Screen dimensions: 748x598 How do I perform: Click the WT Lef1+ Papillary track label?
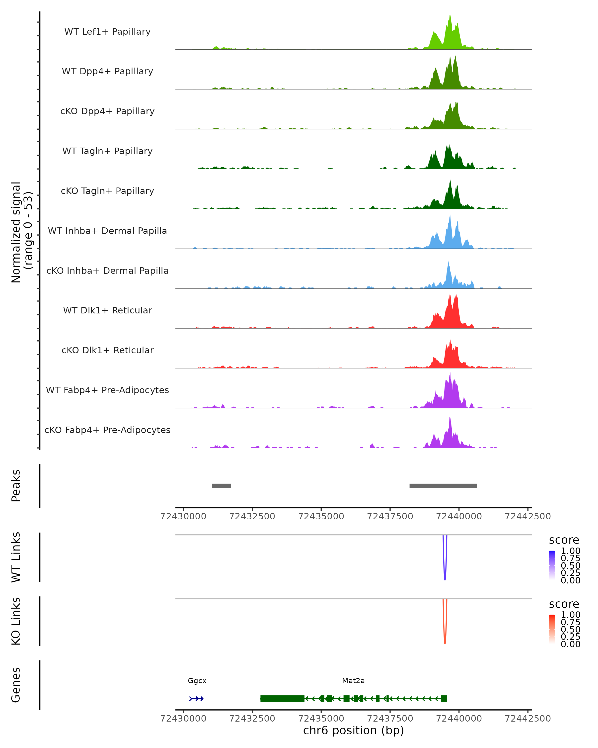pyautogui.click(x=107, y=32)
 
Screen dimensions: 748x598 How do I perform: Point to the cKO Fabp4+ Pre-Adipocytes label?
pyautogui.click(x=107, y=430)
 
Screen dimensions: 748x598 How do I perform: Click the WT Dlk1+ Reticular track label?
pyautogui.click(x=107, y=310)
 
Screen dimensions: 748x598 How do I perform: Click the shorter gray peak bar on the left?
pyautogui.click(x=221, y=486)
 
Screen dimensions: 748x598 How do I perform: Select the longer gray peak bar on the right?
pyautogui.click(x=443, y=486)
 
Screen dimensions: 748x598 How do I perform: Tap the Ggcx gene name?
pyautogui.click(x=197, y=681)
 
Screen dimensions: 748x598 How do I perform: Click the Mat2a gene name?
pyautogui.click(x=353, y=681)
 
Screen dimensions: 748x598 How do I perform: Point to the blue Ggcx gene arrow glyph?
pyautogui.click(x=196, y=699)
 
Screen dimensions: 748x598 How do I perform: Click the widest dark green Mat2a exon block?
pyautogui.click(x=282, y=699)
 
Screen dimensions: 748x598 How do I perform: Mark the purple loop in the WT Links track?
pyautogui.click(x=445, y=576)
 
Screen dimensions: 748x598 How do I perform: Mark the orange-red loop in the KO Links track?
pyautogui.click(x=445, y=640)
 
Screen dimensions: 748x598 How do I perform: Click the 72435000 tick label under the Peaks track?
pyautogui.click(x=321, y=516)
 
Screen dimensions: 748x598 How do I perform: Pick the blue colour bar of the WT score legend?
pyautogui.click(x=552, y=565)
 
